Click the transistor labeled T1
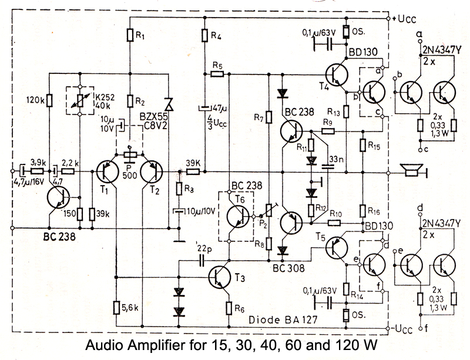[x=108, y=172]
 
